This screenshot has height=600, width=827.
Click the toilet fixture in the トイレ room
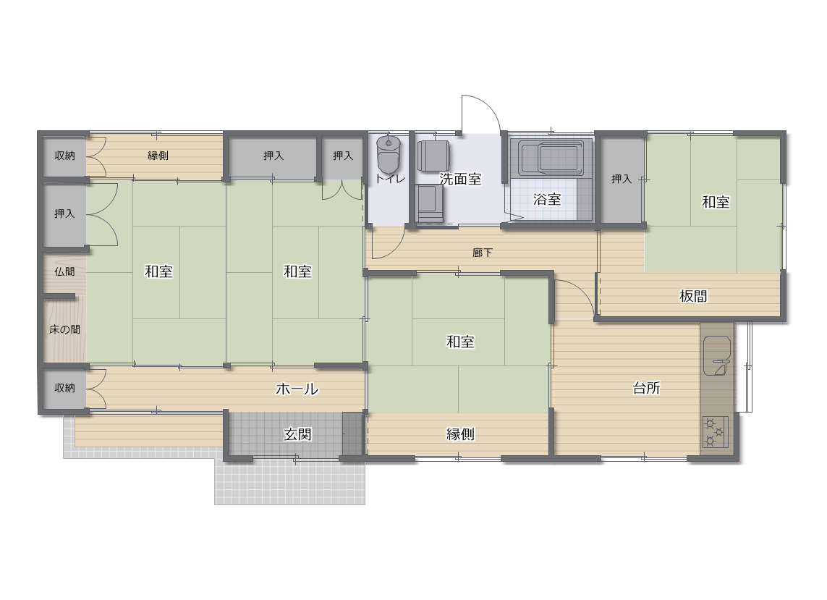point(389,154)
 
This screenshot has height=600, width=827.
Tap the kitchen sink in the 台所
point(717,355)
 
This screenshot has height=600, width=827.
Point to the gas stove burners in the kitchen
point(715,431)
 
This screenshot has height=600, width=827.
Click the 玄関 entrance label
point(297,434)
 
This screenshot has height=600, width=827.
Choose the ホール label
point(297,389)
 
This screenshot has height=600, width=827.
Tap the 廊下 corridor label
point(482,253)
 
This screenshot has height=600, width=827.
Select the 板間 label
point(693,296)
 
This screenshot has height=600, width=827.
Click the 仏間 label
point(64,271)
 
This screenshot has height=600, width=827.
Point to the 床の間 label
point(65,329)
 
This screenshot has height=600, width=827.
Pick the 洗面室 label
point(460,179)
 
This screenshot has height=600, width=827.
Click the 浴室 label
point(547,199)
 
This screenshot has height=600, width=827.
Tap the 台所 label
point(646,388)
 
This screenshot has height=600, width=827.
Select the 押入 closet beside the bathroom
point(622,179)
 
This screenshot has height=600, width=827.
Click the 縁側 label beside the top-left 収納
point(158,156)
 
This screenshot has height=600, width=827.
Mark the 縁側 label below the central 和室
point(460,434)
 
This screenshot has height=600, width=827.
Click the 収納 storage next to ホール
point(64,389)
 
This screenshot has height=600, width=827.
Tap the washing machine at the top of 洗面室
point(433,156)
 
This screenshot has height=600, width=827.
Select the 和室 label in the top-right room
point(716,202)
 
